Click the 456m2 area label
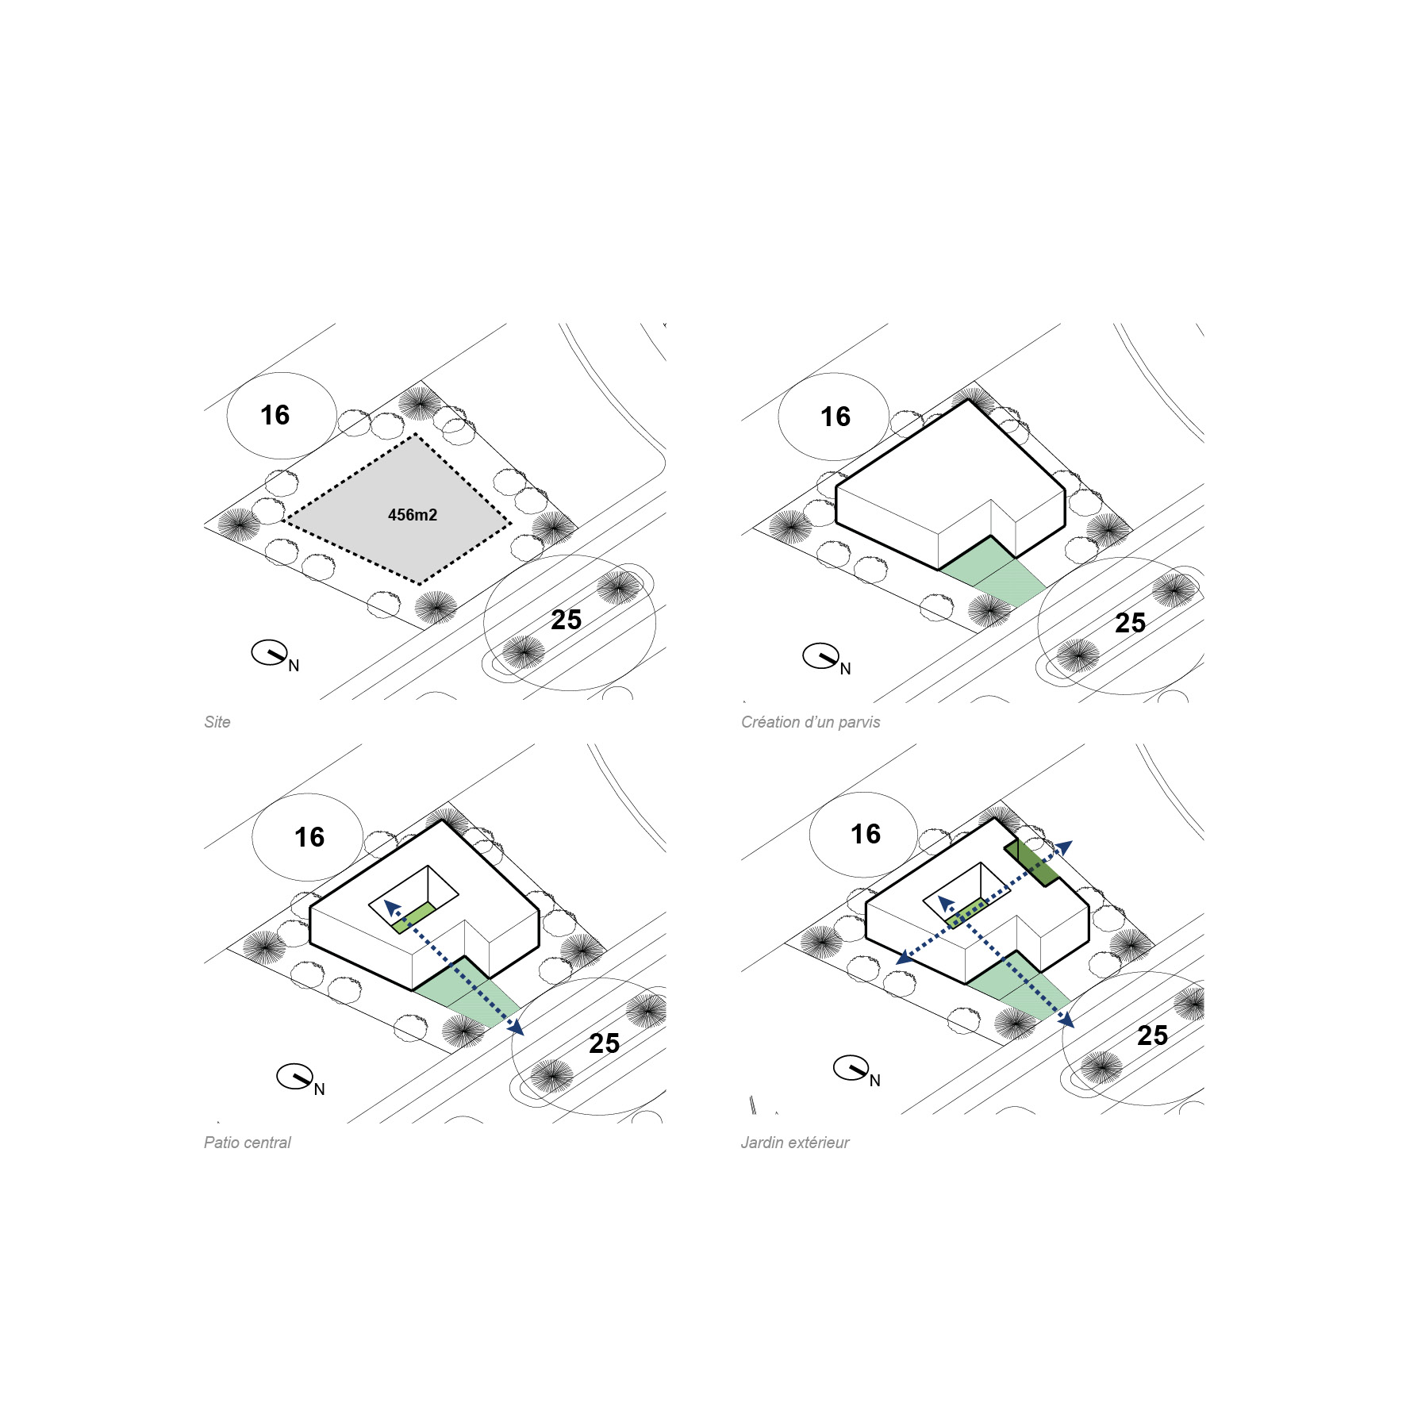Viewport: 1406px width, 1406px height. point(413,515)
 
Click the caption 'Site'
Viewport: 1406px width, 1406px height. point(217,722)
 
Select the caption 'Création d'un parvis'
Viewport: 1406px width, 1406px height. point(810,722)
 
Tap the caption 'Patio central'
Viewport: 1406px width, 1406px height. point(248,1143)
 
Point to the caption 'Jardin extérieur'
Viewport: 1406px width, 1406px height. point(795,1143)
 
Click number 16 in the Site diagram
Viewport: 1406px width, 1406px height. point(275,415)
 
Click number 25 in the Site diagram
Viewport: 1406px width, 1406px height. point(567,620)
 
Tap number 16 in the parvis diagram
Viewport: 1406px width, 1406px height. point(835,417)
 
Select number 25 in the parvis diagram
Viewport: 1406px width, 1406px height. point(1130,623)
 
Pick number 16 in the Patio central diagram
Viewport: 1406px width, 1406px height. point(309,837)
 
